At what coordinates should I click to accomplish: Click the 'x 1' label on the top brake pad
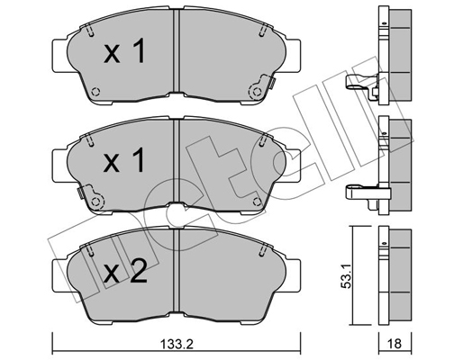click(x=124, y=53)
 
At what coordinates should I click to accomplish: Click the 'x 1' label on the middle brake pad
click(x=124, y=163)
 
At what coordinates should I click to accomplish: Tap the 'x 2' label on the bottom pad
click(x=124, y=273)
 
